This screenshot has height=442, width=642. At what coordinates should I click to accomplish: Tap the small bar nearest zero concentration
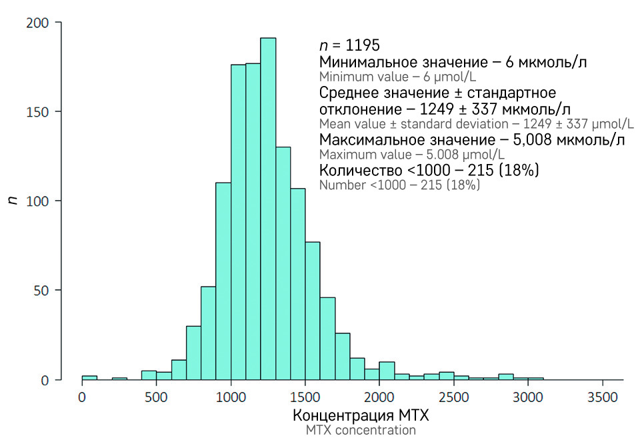pyautogui.click(x=89, y=377)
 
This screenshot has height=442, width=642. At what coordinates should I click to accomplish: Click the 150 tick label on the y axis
pyautogui.click(x=41, y=111)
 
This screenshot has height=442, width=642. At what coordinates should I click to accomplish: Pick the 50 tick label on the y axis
pyautogui.click(x=45, y=290)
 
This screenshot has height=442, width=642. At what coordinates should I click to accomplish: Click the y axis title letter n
pyautogui.click(x=11, y=200)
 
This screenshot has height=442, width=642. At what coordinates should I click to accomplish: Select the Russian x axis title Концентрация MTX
pyautogui.click(x=361, y=415)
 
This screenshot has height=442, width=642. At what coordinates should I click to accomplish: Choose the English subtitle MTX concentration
pyautogui.click(x=361, y=431)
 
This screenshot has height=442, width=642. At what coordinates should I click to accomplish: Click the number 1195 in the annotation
pyautogui.click(x=362, y=46)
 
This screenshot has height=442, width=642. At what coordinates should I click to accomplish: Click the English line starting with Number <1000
pyautogui.click(x=399, y=185)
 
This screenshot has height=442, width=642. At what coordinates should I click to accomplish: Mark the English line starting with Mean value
pyautogui.click(x=477, y=124)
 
